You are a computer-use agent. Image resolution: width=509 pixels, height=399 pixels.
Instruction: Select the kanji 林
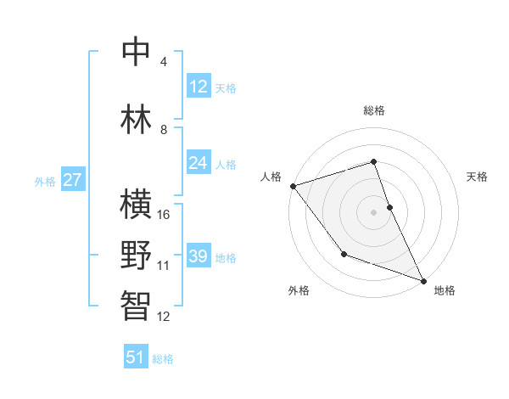pos(137,118)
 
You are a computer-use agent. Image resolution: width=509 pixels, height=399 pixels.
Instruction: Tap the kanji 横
pos(137,205)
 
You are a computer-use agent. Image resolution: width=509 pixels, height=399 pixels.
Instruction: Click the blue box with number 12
pos(199,87)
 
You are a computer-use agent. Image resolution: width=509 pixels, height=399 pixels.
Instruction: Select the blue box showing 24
pos(199,163)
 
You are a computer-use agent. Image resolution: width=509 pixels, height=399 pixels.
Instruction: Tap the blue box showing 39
pos(199,256)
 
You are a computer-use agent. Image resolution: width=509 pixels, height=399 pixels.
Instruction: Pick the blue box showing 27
pos(73,180)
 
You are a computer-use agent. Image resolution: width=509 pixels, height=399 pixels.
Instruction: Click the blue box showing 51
pos(137,357)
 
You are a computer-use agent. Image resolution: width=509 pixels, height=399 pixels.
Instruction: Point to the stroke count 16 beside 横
pos(165,214)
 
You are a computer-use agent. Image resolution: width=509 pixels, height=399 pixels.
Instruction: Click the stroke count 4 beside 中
pos(164,61)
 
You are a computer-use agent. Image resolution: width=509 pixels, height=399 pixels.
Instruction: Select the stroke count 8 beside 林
pos(164,129)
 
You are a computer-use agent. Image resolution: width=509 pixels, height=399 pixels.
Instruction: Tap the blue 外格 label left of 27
pos(45,181)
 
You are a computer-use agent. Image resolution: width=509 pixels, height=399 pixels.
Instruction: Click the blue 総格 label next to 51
pos(163,359)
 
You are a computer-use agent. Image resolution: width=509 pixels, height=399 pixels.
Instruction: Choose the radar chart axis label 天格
pos(478,177)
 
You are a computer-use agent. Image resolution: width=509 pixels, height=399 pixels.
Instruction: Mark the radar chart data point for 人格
pos(293,185)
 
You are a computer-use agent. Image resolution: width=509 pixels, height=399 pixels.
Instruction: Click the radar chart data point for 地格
pos(424,281)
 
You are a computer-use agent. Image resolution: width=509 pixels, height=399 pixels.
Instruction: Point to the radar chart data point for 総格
pos(373,161)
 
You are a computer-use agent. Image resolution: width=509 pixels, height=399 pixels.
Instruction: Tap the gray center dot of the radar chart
pos(373,211)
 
